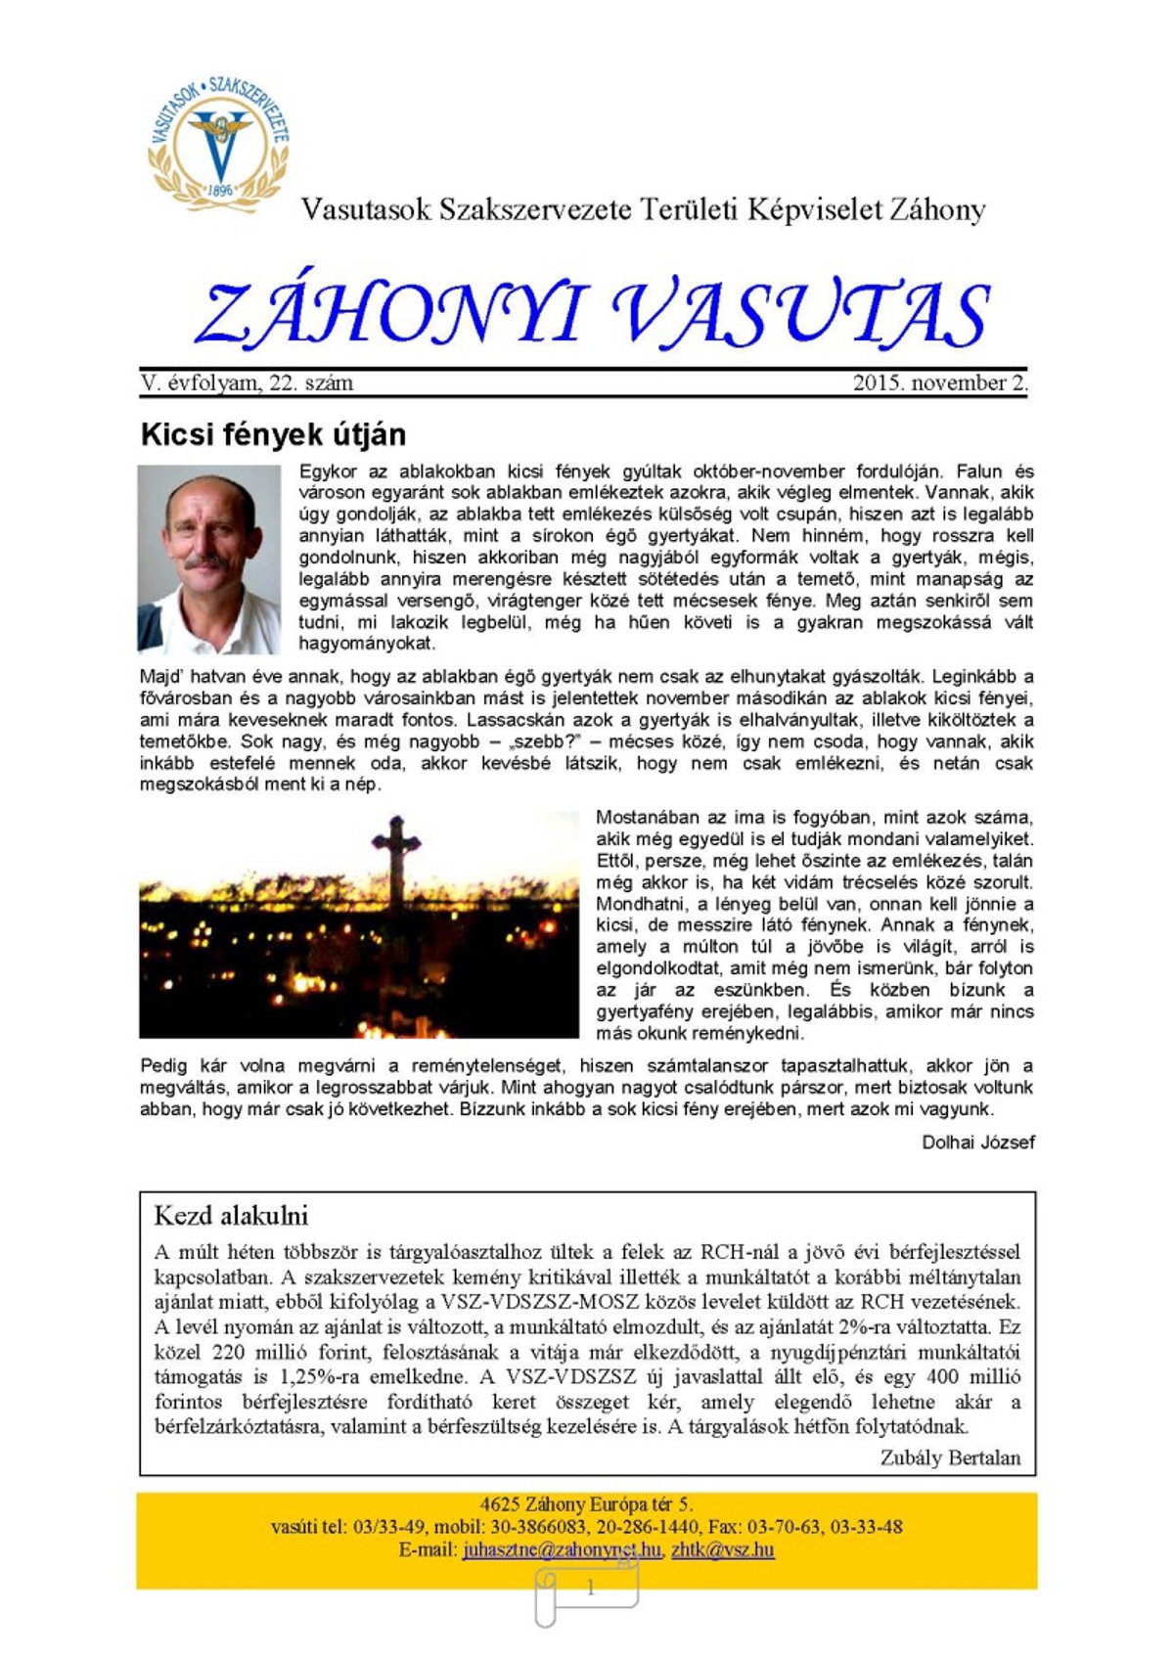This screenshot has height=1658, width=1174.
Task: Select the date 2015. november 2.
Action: coord(939,382)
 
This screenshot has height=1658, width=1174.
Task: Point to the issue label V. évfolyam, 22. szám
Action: coord(247,382)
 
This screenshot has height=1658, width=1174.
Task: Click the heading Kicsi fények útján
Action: coord(273,434)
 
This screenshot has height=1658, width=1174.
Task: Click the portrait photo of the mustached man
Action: coord(209,560)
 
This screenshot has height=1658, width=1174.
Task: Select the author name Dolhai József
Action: coord(977,1142)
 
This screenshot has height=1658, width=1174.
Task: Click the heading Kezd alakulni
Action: coord(231,1216)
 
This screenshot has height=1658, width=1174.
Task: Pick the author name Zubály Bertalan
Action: coord(950,1457)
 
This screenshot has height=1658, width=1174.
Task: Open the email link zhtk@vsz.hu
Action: coord(723,1549)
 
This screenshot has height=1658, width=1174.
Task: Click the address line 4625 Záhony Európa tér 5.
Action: coord(586,1504)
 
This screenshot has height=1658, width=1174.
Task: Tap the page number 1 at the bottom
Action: coord(590,1589)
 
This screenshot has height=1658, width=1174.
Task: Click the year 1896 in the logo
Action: coord(220,190)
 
